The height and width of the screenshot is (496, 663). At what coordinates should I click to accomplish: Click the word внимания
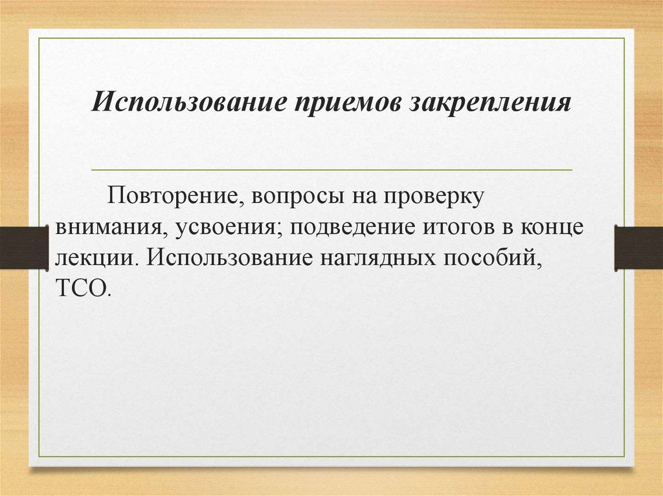(104, 228)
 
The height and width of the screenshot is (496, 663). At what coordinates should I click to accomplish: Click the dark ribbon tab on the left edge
(24, 248)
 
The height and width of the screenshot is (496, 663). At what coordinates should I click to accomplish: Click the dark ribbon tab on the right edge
(638, 248)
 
